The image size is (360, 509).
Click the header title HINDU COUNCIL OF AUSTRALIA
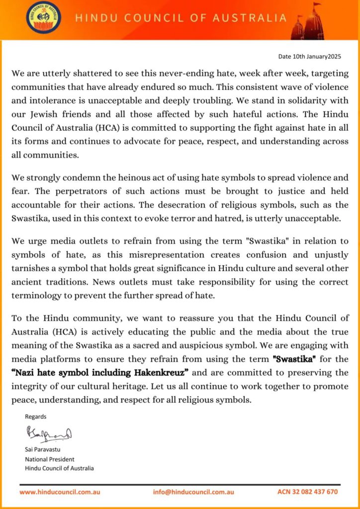tap(181, 18)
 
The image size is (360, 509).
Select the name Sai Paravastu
tap(43, 450)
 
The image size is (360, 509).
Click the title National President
tap(50, 459)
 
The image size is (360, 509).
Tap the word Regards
tap(35, 417)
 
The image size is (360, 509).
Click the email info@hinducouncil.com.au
tap(193, 492)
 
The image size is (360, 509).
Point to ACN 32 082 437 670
tap(307, 492)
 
